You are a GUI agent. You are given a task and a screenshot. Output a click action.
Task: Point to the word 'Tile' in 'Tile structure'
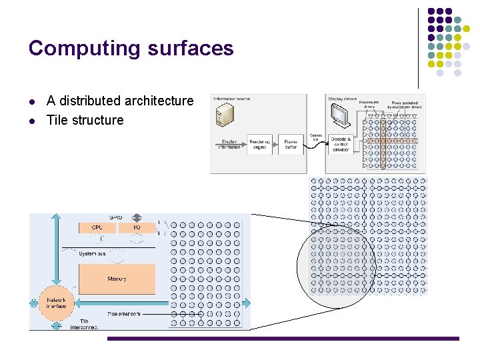point(57,120)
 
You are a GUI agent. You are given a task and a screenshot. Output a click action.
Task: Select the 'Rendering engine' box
point(260,144)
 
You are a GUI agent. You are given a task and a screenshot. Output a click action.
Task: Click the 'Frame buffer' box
point(291,144)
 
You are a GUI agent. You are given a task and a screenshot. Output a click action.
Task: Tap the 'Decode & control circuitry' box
point(341,144)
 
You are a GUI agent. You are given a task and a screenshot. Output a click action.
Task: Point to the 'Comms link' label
point(316,138)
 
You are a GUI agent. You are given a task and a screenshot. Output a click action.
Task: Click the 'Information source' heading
point(232,99)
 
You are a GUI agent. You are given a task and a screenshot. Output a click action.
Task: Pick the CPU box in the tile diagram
point(97,228)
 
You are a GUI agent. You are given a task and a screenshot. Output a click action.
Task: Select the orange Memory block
point(117,279)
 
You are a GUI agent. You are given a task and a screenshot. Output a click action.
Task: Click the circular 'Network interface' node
point(56,303)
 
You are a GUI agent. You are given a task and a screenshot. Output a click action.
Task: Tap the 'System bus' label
point(92,253)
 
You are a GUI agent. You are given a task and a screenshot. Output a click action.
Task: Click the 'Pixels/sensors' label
point(124,313)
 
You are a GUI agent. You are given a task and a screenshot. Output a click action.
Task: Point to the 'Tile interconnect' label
point(85,324)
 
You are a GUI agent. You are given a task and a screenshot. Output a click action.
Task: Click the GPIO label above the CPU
point(116,217)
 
